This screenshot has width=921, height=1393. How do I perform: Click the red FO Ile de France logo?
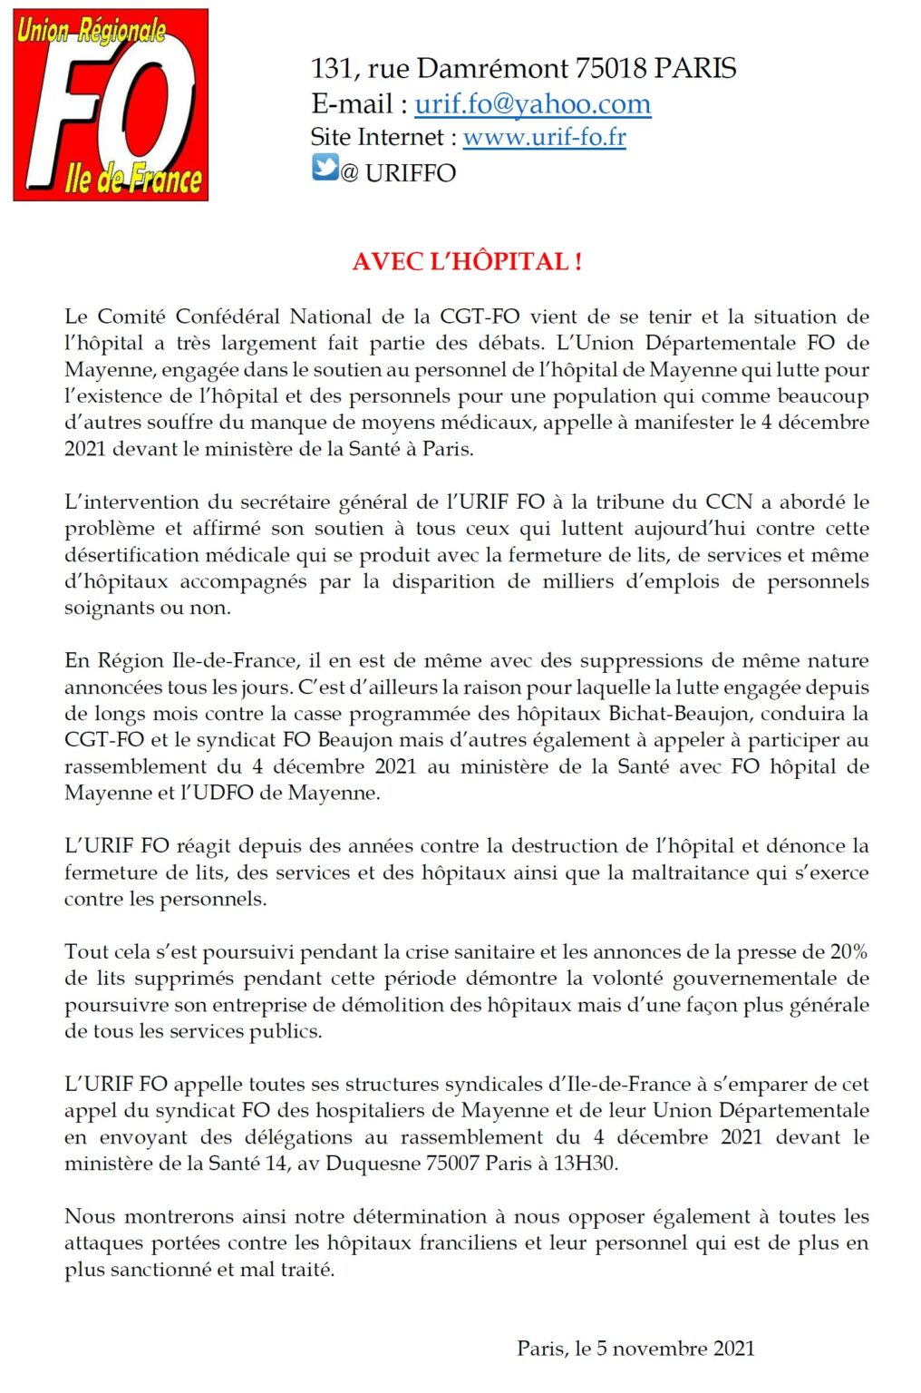111,105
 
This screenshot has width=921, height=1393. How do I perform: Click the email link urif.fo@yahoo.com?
532,104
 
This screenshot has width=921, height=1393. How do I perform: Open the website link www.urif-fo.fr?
544,137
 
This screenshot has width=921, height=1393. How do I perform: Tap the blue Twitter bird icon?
325,168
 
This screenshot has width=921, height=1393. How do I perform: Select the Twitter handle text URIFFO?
410,172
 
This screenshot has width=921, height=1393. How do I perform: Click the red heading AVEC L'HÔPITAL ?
467,261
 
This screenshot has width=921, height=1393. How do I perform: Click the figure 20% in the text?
848,951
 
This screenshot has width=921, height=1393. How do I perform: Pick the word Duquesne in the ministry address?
374,1163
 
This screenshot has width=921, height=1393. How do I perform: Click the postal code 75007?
452,1163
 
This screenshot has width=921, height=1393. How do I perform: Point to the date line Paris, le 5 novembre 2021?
635,1348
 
